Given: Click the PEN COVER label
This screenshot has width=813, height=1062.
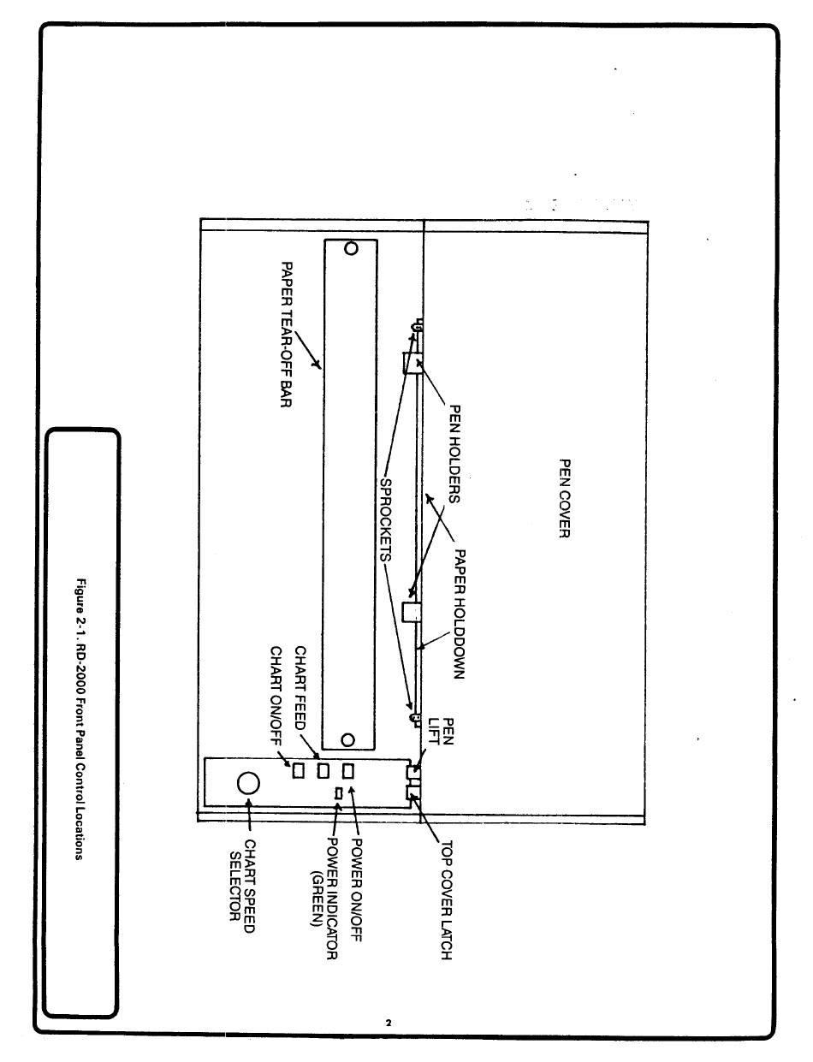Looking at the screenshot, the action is click(x=564, y=498).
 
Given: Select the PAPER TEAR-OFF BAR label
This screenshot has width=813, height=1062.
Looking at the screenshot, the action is click(x=287, y=335).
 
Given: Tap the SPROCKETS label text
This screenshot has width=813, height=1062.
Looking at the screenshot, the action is click(x=386, y=519).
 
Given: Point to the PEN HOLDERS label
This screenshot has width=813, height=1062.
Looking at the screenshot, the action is click(x=454, y=454).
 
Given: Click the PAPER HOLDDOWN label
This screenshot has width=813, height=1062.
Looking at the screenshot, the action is click(x=460, y=614).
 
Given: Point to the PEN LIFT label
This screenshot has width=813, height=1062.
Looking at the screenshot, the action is click(x=441, y=731).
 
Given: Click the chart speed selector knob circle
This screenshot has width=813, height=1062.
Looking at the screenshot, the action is click(x=248, y=783).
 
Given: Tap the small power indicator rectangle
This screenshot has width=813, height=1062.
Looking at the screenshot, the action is click(x=338, y=792).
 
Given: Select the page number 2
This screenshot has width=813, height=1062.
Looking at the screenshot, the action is click(x=389, y=1022).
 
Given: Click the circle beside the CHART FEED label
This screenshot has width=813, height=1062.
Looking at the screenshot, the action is click(x=347, y=740).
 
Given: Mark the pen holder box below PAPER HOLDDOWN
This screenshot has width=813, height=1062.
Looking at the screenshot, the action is click(x=411, y=611).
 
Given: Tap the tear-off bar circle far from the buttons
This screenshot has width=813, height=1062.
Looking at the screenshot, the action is click(x=351, y=248).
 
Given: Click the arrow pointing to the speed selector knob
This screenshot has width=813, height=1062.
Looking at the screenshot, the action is click(x=249, y=814).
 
